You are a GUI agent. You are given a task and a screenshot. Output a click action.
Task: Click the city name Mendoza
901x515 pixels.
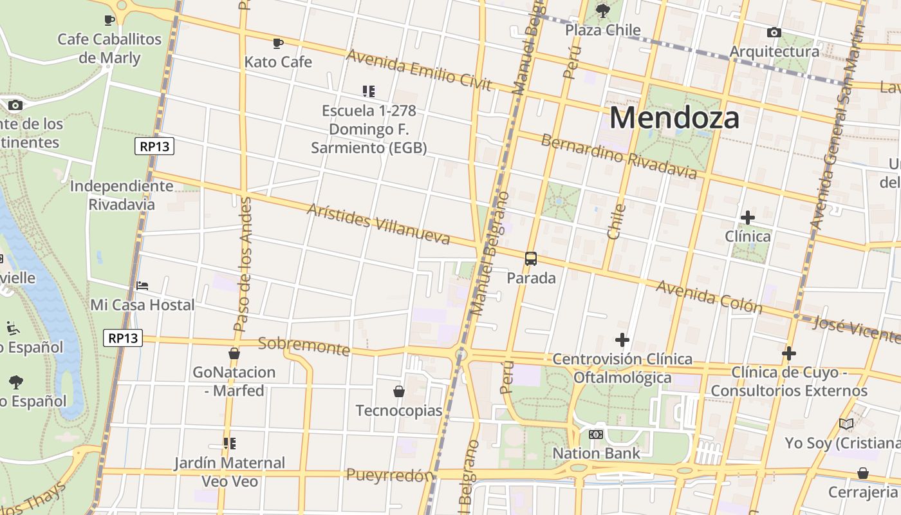point(674,118)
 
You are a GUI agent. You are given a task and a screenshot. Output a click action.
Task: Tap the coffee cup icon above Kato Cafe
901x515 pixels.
point(278,43)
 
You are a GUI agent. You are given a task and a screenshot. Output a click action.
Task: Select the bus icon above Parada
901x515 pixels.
point(531,259)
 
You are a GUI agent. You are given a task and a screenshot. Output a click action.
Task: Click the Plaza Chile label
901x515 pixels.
point(603,30)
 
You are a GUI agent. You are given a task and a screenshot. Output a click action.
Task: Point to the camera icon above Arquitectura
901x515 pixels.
point(774,32)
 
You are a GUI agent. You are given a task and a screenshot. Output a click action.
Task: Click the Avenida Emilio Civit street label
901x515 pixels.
point(419,70)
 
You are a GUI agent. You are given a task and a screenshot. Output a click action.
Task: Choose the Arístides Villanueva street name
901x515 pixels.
point(378,224)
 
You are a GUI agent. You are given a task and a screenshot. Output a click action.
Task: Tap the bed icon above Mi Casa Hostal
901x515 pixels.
point(142,285)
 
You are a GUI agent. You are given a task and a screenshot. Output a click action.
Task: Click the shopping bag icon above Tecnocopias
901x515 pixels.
point(399,391)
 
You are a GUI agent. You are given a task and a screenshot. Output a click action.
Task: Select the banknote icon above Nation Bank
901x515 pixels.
point(596,435)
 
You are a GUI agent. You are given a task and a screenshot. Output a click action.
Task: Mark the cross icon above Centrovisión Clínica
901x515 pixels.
point(622,339)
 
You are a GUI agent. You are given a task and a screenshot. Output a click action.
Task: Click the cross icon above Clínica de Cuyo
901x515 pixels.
point(789,353)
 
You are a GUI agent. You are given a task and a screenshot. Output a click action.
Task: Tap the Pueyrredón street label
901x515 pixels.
point(390,476)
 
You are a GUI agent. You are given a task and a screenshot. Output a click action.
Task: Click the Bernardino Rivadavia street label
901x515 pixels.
point(618,156)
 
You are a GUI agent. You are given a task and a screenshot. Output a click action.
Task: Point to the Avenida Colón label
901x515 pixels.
point(709,297)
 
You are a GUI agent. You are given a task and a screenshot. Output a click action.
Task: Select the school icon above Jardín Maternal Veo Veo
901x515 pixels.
point(229,444)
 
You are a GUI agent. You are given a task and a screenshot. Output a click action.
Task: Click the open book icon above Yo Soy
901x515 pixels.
point(846,424)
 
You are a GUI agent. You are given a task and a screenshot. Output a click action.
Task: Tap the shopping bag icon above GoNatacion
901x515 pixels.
point(234,353)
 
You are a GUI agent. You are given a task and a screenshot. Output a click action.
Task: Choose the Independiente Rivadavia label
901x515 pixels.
point(122,195)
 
